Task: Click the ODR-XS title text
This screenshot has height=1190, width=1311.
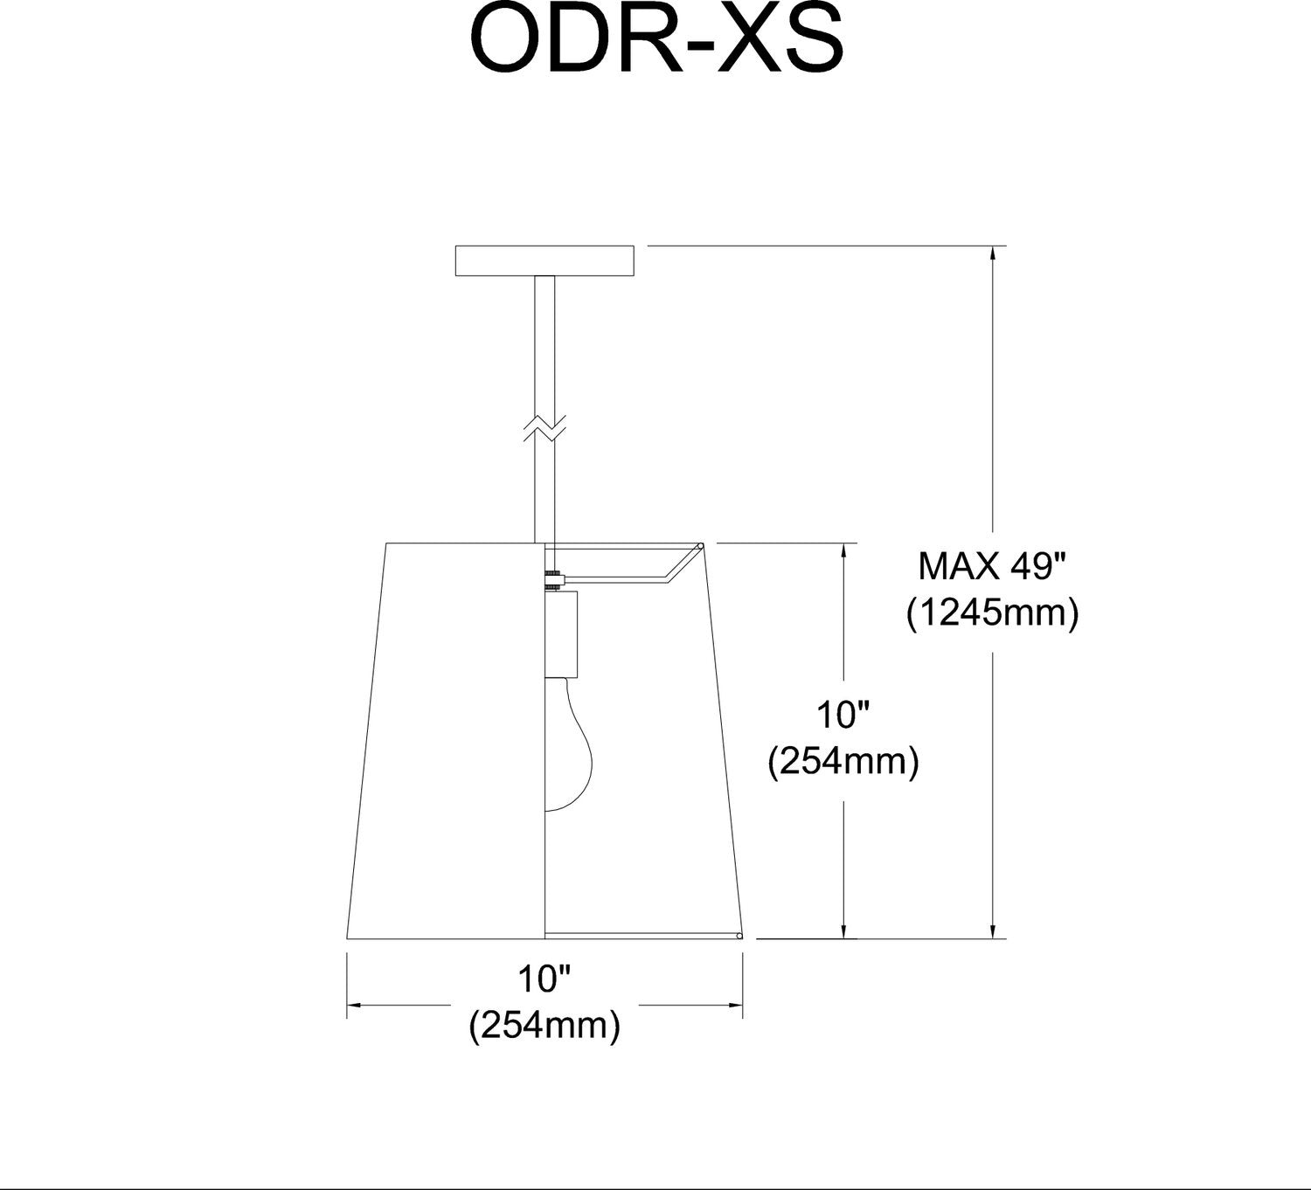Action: pyautogui.click(x=656, y=40)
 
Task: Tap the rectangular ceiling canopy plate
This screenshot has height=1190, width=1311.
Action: pyautogui.click(x=545, y=260)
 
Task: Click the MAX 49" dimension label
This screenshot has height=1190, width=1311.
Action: pyautogui.click(x=992, y=566)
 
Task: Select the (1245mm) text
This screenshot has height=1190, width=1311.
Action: pyautogui.click(x=992, y=613)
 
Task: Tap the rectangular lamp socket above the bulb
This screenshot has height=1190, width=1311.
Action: pyautogui.click(x=561, y=634)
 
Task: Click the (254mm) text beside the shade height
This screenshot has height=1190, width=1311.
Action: pyautogui.click(x=843, y=761)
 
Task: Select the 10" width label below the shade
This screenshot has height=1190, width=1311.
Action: pyautogui.click(x=545, y=979)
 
